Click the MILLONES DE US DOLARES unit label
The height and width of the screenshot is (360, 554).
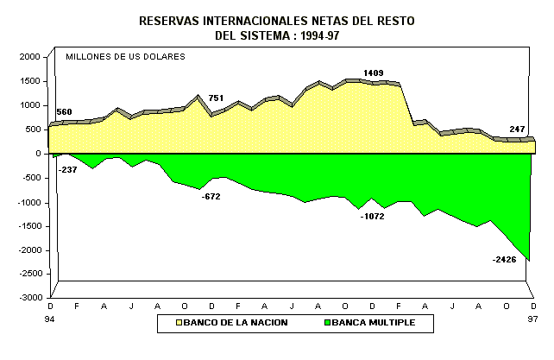tap(125, 57)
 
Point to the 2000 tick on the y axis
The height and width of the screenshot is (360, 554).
tap(29, 57)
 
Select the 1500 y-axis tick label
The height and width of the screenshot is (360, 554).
tap(29, 81)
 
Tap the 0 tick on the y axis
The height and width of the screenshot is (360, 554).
tap(38, 154)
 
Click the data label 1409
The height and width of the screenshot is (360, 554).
tap(374, 73)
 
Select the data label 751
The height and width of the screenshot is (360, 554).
tap(216, 98)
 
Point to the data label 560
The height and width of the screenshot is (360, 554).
tap(65, 113)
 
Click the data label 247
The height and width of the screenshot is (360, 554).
tap(517, 129)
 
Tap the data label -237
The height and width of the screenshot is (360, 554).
tap(67, 170)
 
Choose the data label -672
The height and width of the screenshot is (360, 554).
tap(211, 198)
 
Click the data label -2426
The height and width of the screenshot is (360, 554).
tap(503, 260)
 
